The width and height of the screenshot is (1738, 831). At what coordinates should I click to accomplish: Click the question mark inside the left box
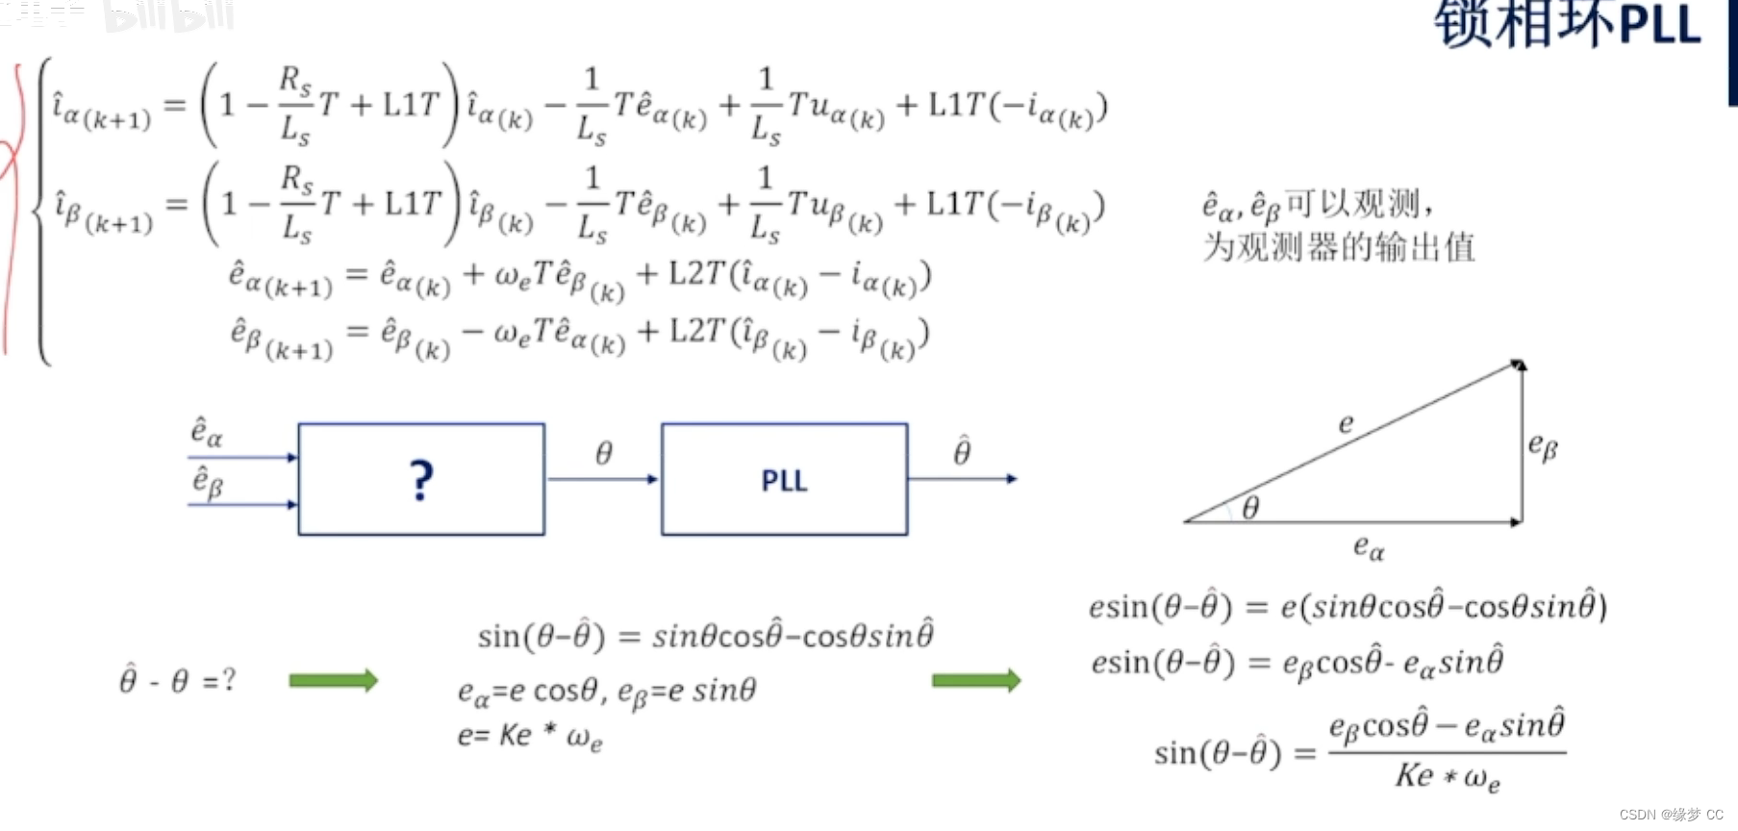tap(421, 480)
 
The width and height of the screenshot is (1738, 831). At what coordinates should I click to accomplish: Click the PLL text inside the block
tap(784, 481)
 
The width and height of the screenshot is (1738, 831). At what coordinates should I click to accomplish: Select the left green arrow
tap(333, 681)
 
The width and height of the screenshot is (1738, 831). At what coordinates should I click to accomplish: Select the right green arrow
tap(975, 681)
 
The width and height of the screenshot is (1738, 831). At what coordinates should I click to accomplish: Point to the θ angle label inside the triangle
tap(1250, 507)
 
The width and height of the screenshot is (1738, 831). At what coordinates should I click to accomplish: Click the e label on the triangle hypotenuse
tap(1346, 423)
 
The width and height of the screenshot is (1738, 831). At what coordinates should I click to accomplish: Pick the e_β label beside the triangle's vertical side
tap(1543, 446)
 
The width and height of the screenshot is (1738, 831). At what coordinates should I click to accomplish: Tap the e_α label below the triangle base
tap(1369, 548)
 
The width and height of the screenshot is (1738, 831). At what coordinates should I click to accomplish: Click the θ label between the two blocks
tap(603, 453)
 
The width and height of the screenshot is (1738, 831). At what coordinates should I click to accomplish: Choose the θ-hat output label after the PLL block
tap(962, 451)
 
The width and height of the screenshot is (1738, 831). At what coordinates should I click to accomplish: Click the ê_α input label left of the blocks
tap(206, 432)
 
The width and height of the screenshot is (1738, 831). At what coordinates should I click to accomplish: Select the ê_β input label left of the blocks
tap(208, 482)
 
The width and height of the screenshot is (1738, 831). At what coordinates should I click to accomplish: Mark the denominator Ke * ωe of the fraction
tap(1447, 776)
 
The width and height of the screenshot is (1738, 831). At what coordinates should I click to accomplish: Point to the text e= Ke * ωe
tap(529, 737)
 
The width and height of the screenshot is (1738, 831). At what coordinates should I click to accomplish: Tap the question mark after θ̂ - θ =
tap(228, 680)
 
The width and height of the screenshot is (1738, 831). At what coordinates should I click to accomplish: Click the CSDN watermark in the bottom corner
tap(1671, 815)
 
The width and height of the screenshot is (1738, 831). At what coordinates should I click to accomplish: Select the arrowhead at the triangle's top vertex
tap(1519, 365)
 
